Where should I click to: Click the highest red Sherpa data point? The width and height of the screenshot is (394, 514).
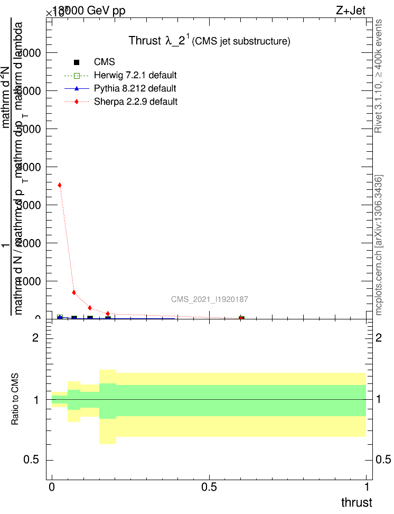coord(60,185)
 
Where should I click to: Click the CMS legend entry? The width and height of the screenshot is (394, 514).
coord(104,62)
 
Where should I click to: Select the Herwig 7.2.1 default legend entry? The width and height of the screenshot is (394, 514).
coord(135,75)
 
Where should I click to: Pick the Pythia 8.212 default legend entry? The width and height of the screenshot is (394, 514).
coord(135,88)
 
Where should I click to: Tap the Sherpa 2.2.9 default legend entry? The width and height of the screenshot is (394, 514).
coord(135,102)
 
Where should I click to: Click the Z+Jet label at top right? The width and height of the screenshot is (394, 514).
coord(350,11)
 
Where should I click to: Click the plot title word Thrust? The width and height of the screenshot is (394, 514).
coord(145,41)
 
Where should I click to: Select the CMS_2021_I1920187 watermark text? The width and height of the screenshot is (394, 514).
coord(210,299)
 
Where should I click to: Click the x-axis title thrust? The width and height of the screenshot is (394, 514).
coord(356,502)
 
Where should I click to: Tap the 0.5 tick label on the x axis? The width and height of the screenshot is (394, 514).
coord(209,485)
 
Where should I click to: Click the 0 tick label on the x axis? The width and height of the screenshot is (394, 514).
coord(52,485)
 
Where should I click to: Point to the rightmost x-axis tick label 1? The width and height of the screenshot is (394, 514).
coord(367,485)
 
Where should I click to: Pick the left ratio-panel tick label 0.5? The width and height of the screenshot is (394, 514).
coord(32,460)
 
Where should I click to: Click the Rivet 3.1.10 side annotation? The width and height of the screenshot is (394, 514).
coord(378,77)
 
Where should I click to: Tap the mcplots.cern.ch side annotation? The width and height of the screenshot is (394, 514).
coord(378,244)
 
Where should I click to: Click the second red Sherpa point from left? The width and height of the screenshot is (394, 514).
coord(74,292)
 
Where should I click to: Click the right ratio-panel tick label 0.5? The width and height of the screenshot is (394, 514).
coord(384,460)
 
